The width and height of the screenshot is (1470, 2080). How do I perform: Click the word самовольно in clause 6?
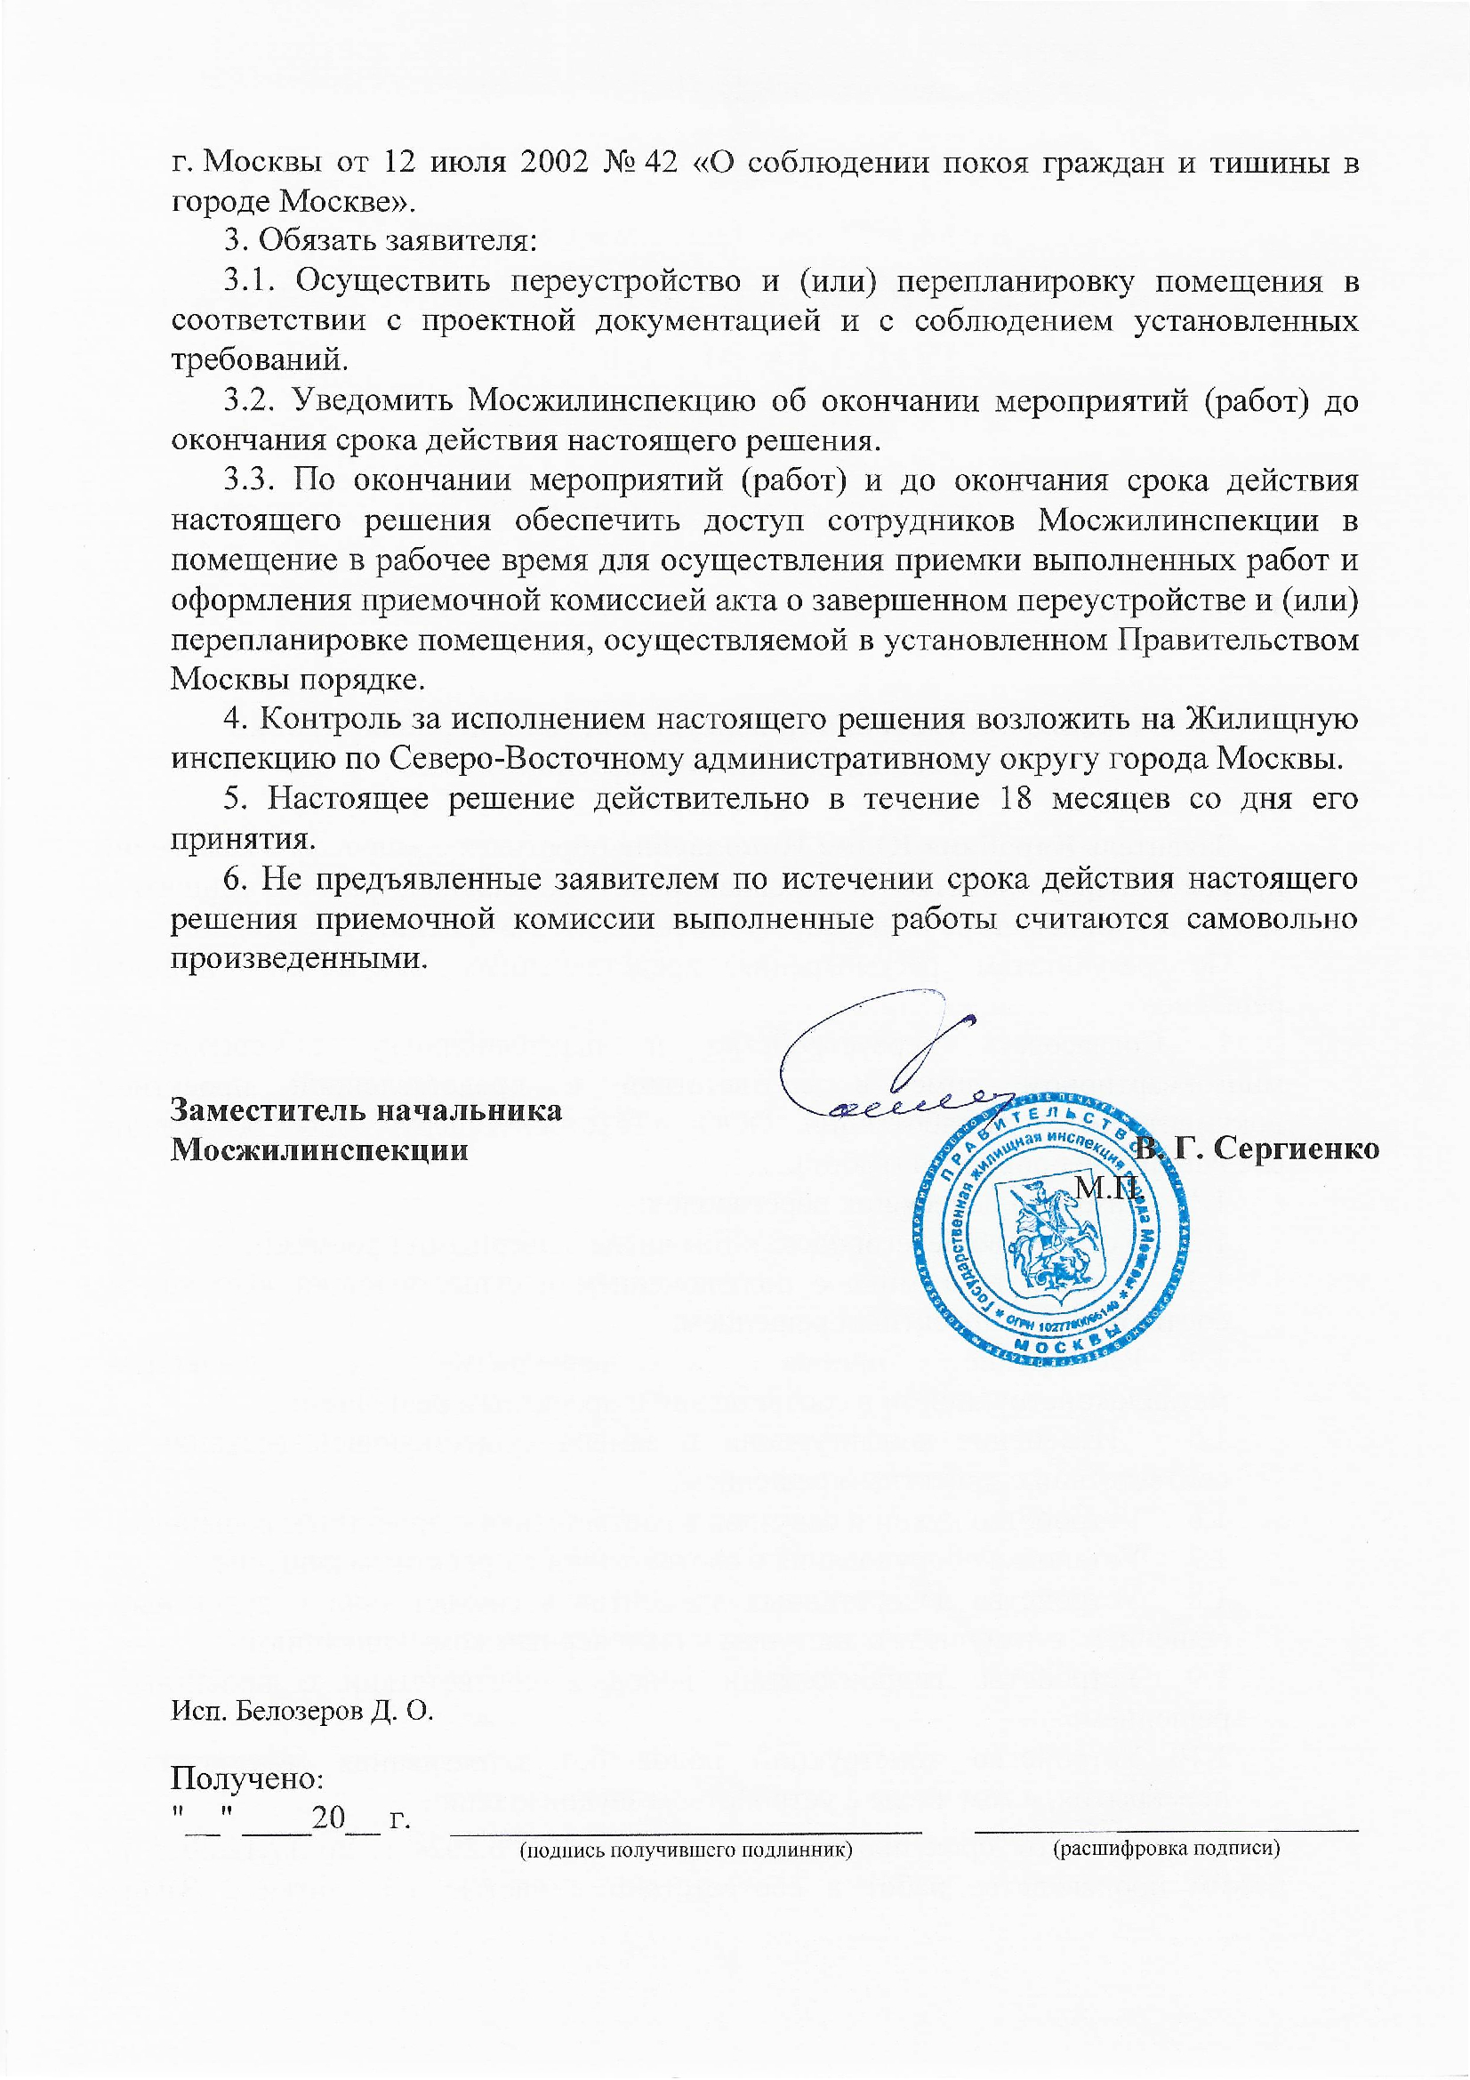tap(1272, 918)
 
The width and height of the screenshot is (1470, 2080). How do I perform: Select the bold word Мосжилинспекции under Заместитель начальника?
tap(320, 1149)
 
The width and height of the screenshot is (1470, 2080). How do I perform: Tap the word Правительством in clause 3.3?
tap(1237, 640)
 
